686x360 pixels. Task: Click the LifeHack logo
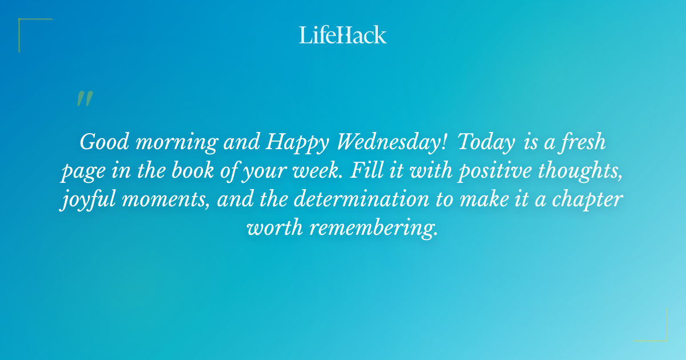pyautogui.click(x=342, y=35)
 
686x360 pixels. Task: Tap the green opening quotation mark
pyautogui.click(x=84, y=99)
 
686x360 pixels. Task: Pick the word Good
pyautogui.click(x=101, y=142)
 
